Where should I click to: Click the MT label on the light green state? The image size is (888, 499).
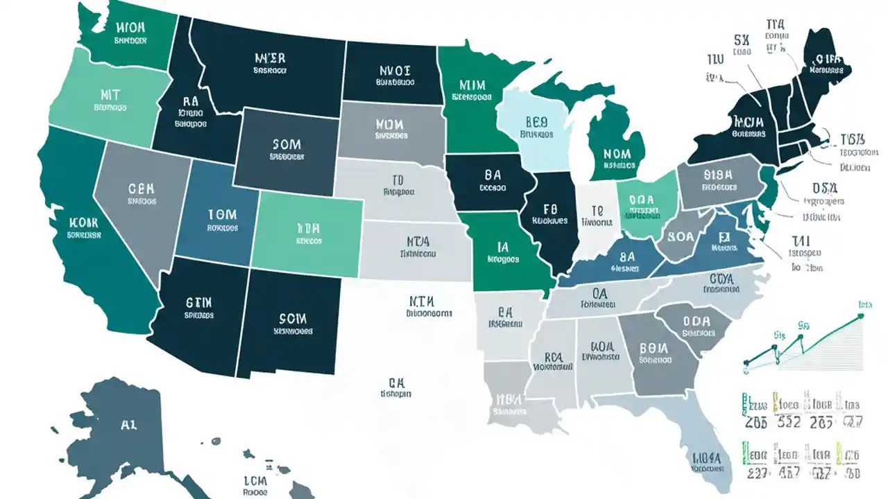(110, 94)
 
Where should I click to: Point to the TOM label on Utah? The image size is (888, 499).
(222, 214)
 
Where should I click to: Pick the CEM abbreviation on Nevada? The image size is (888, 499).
(142, 189)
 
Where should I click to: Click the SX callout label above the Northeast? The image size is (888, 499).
(741, 40)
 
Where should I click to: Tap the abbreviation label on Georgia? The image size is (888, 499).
(654, 348)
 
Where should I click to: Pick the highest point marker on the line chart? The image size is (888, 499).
(860, 316)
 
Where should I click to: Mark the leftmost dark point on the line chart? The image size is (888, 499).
(747, 362)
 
